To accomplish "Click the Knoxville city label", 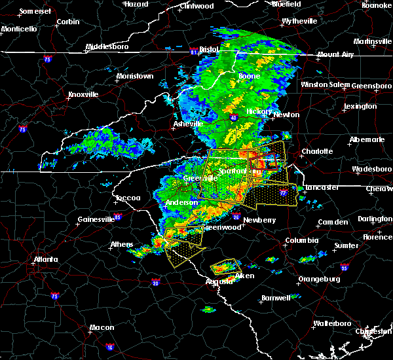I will pos(83,94).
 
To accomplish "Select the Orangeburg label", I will pos(320,279).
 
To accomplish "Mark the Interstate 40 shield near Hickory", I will pos(233,117).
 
